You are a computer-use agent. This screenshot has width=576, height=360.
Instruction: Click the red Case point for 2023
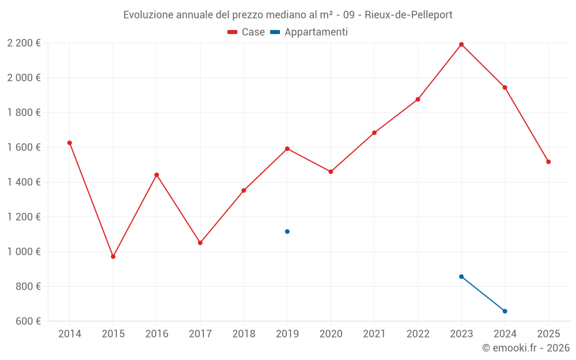[x=461, y=44]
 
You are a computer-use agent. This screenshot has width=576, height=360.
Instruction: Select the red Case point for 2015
[x=113, y=256]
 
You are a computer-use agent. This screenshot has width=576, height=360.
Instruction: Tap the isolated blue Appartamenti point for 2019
[x=287, y=232]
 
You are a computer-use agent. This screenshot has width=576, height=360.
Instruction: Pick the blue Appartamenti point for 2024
[x=505, y=311]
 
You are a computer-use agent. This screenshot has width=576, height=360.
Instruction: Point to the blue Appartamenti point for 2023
[x=461, y=276]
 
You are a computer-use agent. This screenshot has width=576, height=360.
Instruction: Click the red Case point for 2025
[x=548, y=162]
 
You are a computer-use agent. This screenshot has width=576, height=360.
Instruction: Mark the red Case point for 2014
[x=70, y=143]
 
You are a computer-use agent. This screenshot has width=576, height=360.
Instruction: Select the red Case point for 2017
[x=200, y=243]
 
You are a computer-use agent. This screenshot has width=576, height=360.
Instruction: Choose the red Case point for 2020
[x=331, y=172]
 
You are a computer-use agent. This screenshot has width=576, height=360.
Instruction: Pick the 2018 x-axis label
[x=244, y=334]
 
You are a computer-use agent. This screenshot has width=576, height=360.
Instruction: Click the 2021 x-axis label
[x=374, y=334]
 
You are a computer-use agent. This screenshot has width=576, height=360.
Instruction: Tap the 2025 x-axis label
[x=548, y=334]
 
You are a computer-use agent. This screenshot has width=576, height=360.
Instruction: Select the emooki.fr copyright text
[x=525, y=348]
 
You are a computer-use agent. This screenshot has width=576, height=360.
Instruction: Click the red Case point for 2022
[x=418, y=99]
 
